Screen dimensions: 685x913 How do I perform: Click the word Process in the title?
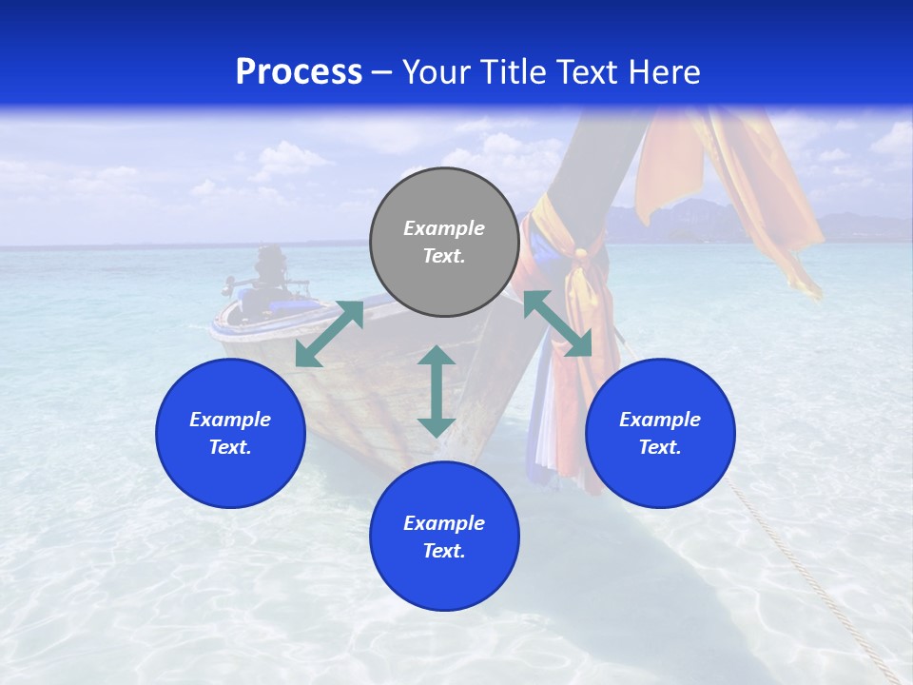click(x=299, y=72)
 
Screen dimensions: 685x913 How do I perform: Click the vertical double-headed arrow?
click(x=437, y=391)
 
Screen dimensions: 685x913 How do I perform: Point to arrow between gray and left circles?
click(x=329, y=334)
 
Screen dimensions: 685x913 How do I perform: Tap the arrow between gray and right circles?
click(x=557, y=323)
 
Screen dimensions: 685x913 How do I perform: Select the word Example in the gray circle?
click(x=444, y=228)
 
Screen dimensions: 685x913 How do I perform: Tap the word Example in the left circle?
click(x=230, y=420)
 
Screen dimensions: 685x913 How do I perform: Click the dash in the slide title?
click(x=381, y=73)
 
